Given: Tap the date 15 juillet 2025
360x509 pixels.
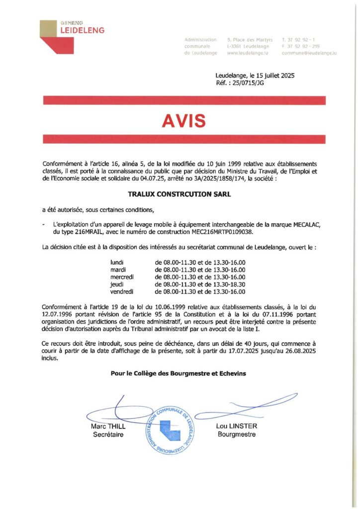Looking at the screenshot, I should click(x=272, y=76).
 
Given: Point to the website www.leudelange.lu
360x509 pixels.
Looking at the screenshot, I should click(x=248, y=53).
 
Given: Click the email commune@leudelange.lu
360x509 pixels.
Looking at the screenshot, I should click(x=309, y=53).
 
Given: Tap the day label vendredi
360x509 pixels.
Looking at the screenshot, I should click(x=122, y=292).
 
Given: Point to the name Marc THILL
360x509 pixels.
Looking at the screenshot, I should click(x=108, y=426).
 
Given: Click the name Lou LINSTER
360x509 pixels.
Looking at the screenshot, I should click(x=237, y=426).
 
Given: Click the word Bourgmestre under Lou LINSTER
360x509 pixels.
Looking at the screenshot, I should click(x=237, y=434).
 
